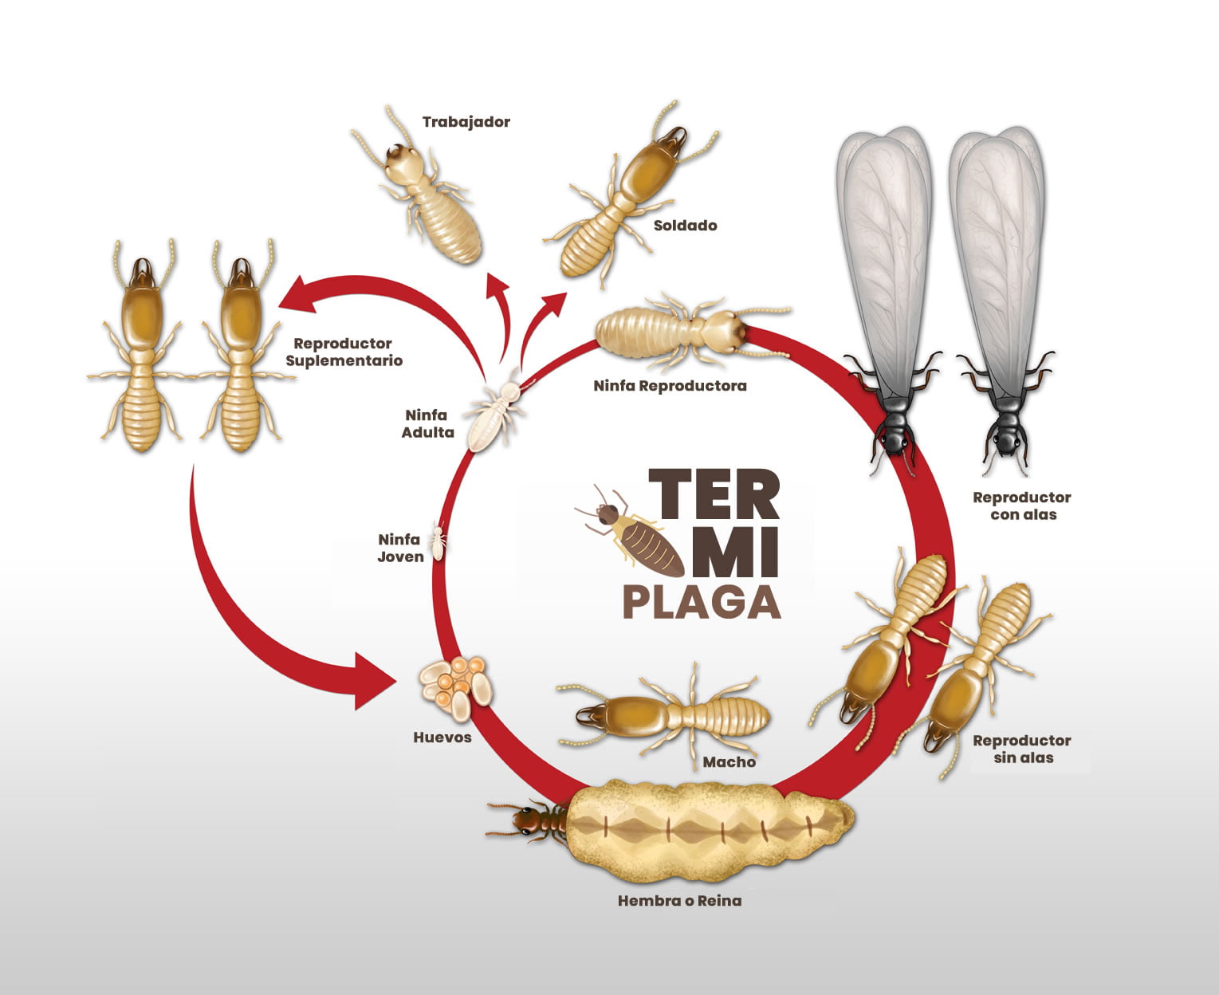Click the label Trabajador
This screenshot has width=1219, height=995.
coord(466,122)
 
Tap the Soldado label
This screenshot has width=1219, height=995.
coord(685,226)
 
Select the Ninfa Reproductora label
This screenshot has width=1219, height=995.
coord(670,386)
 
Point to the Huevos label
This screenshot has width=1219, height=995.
coord(442,737)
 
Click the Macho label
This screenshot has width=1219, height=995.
coord(729,762)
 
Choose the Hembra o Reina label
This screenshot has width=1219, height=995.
coord(679,901)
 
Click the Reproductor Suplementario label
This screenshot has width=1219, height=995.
coord(344,352)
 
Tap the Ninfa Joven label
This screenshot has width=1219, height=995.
coord(400,549)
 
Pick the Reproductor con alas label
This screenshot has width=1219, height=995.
coord(1022,506)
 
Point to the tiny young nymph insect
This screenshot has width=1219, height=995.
coord(438,541)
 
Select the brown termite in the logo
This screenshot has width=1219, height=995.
coord(634,534)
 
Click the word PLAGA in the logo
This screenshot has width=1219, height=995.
coord(701,603)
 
